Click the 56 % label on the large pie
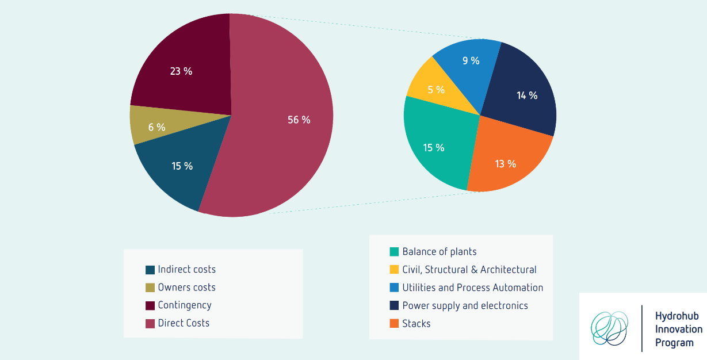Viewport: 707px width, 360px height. click(x=299, y=120)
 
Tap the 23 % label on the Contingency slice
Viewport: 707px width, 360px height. click(x=181, y=71)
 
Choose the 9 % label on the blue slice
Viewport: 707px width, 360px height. click(x=471, y=60)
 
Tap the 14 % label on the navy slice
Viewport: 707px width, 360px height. click(x=526, y=95)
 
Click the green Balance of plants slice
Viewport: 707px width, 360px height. click(x=434, y=148)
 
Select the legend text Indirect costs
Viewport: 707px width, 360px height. click(x=186, y=269)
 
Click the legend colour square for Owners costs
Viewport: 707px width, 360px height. click(x=150, y=288)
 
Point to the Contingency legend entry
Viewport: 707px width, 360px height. click(x=184, y=305)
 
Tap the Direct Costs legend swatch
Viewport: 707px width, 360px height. click(x=150, y=323)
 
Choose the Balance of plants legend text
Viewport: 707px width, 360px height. click(x=439, y=251)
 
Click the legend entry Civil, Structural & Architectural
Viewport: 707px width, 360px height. click(x=469, y=270)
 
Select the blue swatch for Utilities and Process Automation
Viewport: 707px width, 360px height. click(x=394, y=288)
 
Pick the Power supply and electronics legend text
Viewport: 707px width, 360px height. click(x=465, y=305)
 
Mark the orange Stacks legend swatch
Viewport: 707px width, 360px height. click(x=394, y=324)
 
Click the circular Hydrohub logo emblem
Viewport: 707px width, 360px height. click(x=610, y=328)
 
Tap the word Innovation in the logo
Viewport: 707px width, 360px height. click(x=678, y=330)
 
